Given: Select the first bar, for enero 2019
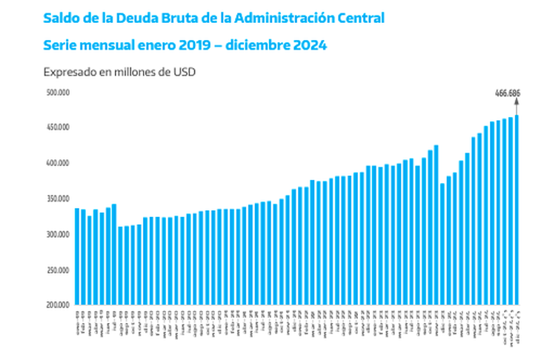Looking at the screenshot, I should pos(77,256).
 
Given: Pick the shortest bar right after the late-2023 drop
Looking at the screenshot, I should pos(442,244).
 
